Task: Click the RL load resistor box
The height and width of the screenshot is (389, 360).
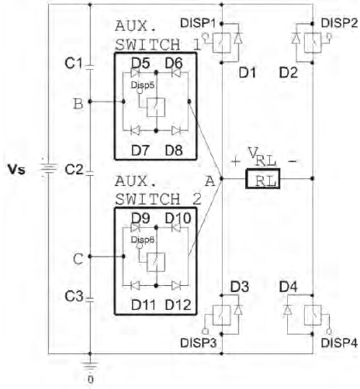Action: pos(262,178)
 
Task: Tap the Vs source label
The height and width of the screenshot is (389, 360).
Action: pos(16,170)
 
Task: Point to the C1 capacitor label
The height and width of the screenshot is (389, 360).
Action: pos(74,63)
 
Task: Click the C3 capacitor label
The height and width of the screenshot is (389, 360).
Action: pos(74,296)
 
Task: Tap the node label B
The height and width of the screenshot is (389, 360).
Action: pos(78,104)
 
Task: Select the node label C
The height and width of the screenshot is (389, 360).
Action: pos(78,259)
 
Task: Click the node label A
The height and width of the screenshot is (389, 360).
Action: pos(210,181)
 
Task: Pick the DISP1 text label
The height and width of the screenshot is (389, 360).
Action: pos(198,23)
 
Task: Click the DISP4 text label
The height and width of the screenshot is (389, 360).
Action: pos(339,343)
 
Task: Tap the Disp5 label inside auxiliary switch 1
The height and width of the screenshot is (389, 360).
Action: pos(143,85)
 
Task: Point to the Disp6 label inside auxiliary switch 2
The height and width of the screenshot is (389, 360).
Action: pos(143,239)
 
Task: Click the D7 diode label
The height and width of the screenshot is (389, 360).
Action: pos(140,150)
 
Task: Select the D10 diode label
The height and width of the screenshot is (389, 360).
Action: pos(178,219)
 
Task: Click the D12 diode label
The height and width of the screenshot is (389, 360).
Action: pos(178,305)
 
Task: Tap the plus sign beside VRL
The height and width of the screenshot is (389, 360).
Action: pos(236,161)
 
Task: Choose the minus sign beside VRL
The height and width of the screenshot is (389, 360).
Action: pos(292,161)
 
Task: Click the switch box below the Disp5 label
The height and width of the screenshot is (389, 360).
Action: pos(156,108)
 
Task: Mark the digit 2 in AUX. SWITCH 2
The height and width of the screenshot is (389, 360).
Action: pos(197,199)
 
